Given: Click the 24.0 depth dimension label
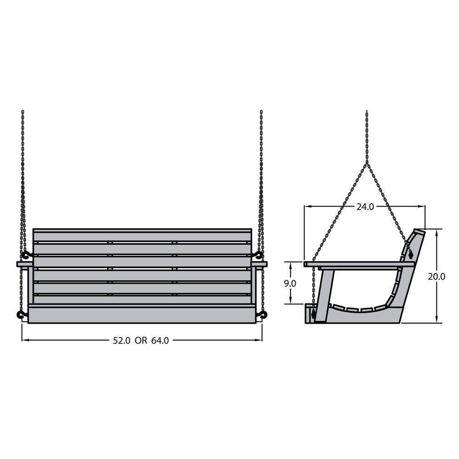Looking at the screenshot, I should (x=365, y=207).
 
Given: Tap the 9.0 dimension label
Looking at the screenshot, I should (x=290, y=283).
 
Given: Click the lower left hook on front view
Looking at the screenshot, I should (x=21, y=314).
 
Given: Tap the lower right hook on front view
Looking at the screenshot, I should (x=263, y=314).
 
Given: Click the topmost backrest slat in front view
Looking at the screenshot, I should (x=142, y=235).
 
